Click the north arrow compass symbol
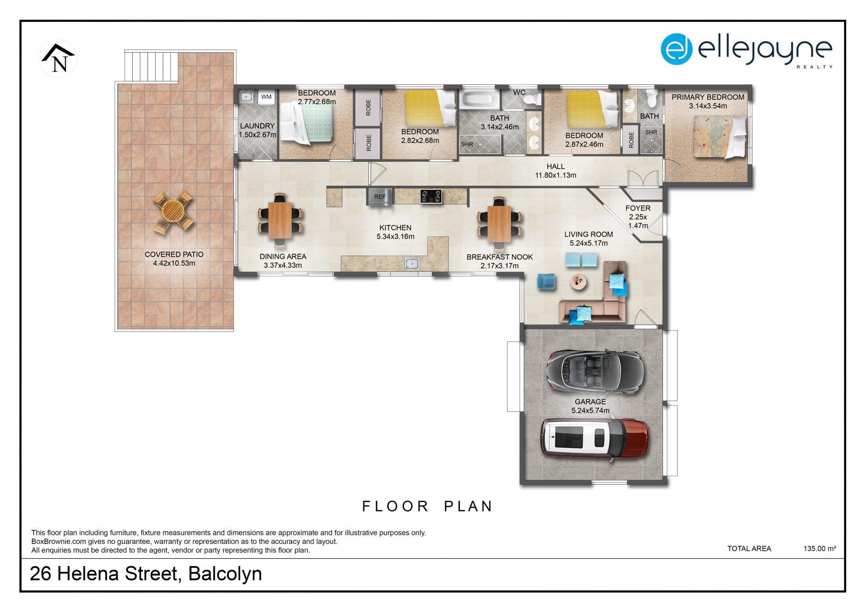click(x=58, y=59)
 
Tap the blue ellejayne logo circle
click(x=677, y=49)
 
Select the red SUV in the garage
click(x=594, y=439)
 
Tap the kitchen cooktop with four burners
click(x=431, y=196)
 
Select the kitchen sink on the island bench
click(x=412, y=263)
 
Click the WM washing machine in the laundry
click(x=266, y=97)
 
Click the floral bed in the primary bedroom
click(x=720, y=136)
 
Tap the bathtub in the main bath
click(x=479, y=99)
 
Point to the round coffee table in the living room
click(x=579, y=282)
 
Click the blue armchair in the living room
click(x=546, y=281)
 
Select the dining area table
click(x=280, y=220)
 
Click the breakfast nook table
click(x=499, y=223)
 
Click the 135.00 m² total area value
click(x=820, y=548)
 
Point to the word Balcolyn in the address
click(x=225, y=574)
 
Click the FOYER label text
click(x=638, y=208)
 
